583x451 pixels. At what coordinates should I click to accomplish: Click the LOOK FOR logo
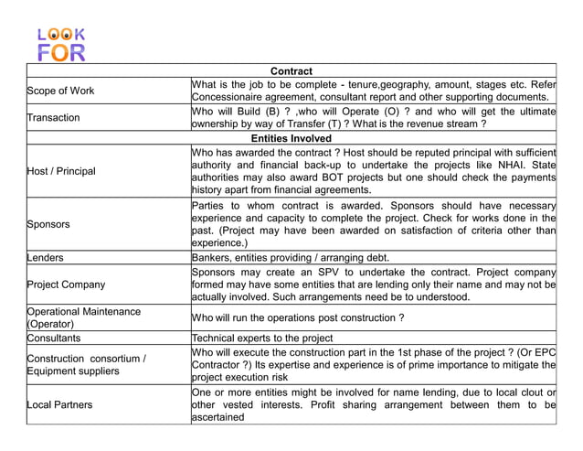[61, 44]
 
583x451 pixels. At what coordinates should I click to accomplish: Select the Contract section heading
[291, 71]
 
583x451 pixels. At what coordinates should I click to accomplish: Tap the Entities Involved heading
[291, 138]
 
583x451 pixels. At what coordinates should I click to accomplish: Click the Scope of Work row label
[60, 91]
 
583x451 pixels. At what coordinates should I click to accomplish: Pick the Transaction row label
[54, 118]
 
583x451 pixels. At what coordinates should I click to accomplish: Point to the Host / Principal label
[62, 171]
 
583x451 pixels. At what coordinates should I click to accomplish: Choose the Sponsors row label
[49, 224]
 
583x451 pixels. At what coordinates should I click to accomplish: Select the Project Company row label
[67, 285]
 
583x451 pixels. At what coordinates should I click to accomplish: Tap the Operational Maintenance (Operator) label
[84, 317]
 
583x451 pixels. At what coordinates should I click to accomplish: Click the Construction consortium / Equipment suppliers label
[87, 364]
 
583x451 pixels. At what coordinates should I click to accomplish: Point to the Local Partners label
[60, 403]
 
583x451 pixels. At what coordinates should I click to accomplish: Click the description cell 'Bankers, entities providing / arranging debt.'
[291, 258]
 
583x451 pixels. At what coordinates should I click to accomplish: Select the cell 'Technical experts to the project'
[262, 338]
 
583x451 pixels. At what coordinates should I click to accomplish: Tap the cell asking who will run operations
[298, 317]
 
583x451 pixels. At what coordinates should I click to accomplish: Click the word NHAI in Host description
[485, 165]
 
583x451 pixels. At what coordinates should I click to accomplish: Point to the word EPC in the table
[546, 351]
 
